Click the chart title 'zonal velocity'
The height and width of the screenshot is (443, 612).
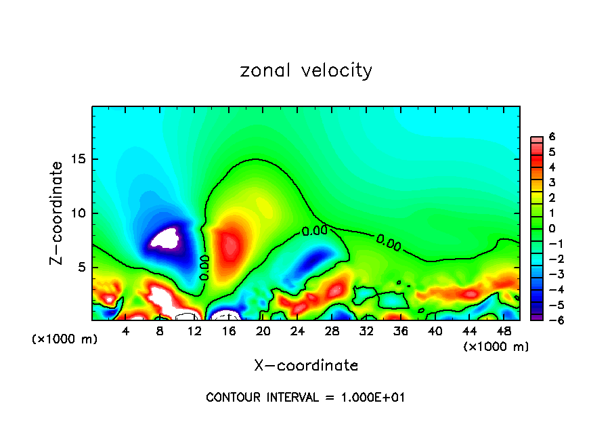tap(306, 70)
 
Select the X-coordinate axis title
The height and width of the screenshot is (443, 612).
tap(306, 366)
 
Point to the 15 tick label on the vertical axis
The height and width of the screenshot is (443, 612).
tap(78, 159)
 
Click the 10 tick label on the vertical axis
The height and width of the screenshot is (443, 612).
tap(78, 213)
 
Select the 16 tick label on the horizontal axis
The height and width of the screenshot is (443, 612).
tap(229, 331)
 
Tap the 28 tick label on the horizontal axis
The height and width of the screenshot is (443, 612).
tap(332, 331)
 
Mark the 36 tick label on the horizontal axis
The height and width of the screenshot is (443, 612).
tap(400, 331)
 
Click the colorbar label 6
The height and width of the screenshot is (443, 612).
tap(552, 137)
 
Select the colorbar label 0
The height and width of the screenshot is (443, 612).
tap(552, 228)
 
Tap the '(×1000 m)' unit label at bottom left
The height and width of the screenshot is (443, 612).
tap(65, 339)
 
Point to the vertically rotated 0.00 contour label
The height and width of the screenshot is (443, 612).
tap(204, 267)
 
